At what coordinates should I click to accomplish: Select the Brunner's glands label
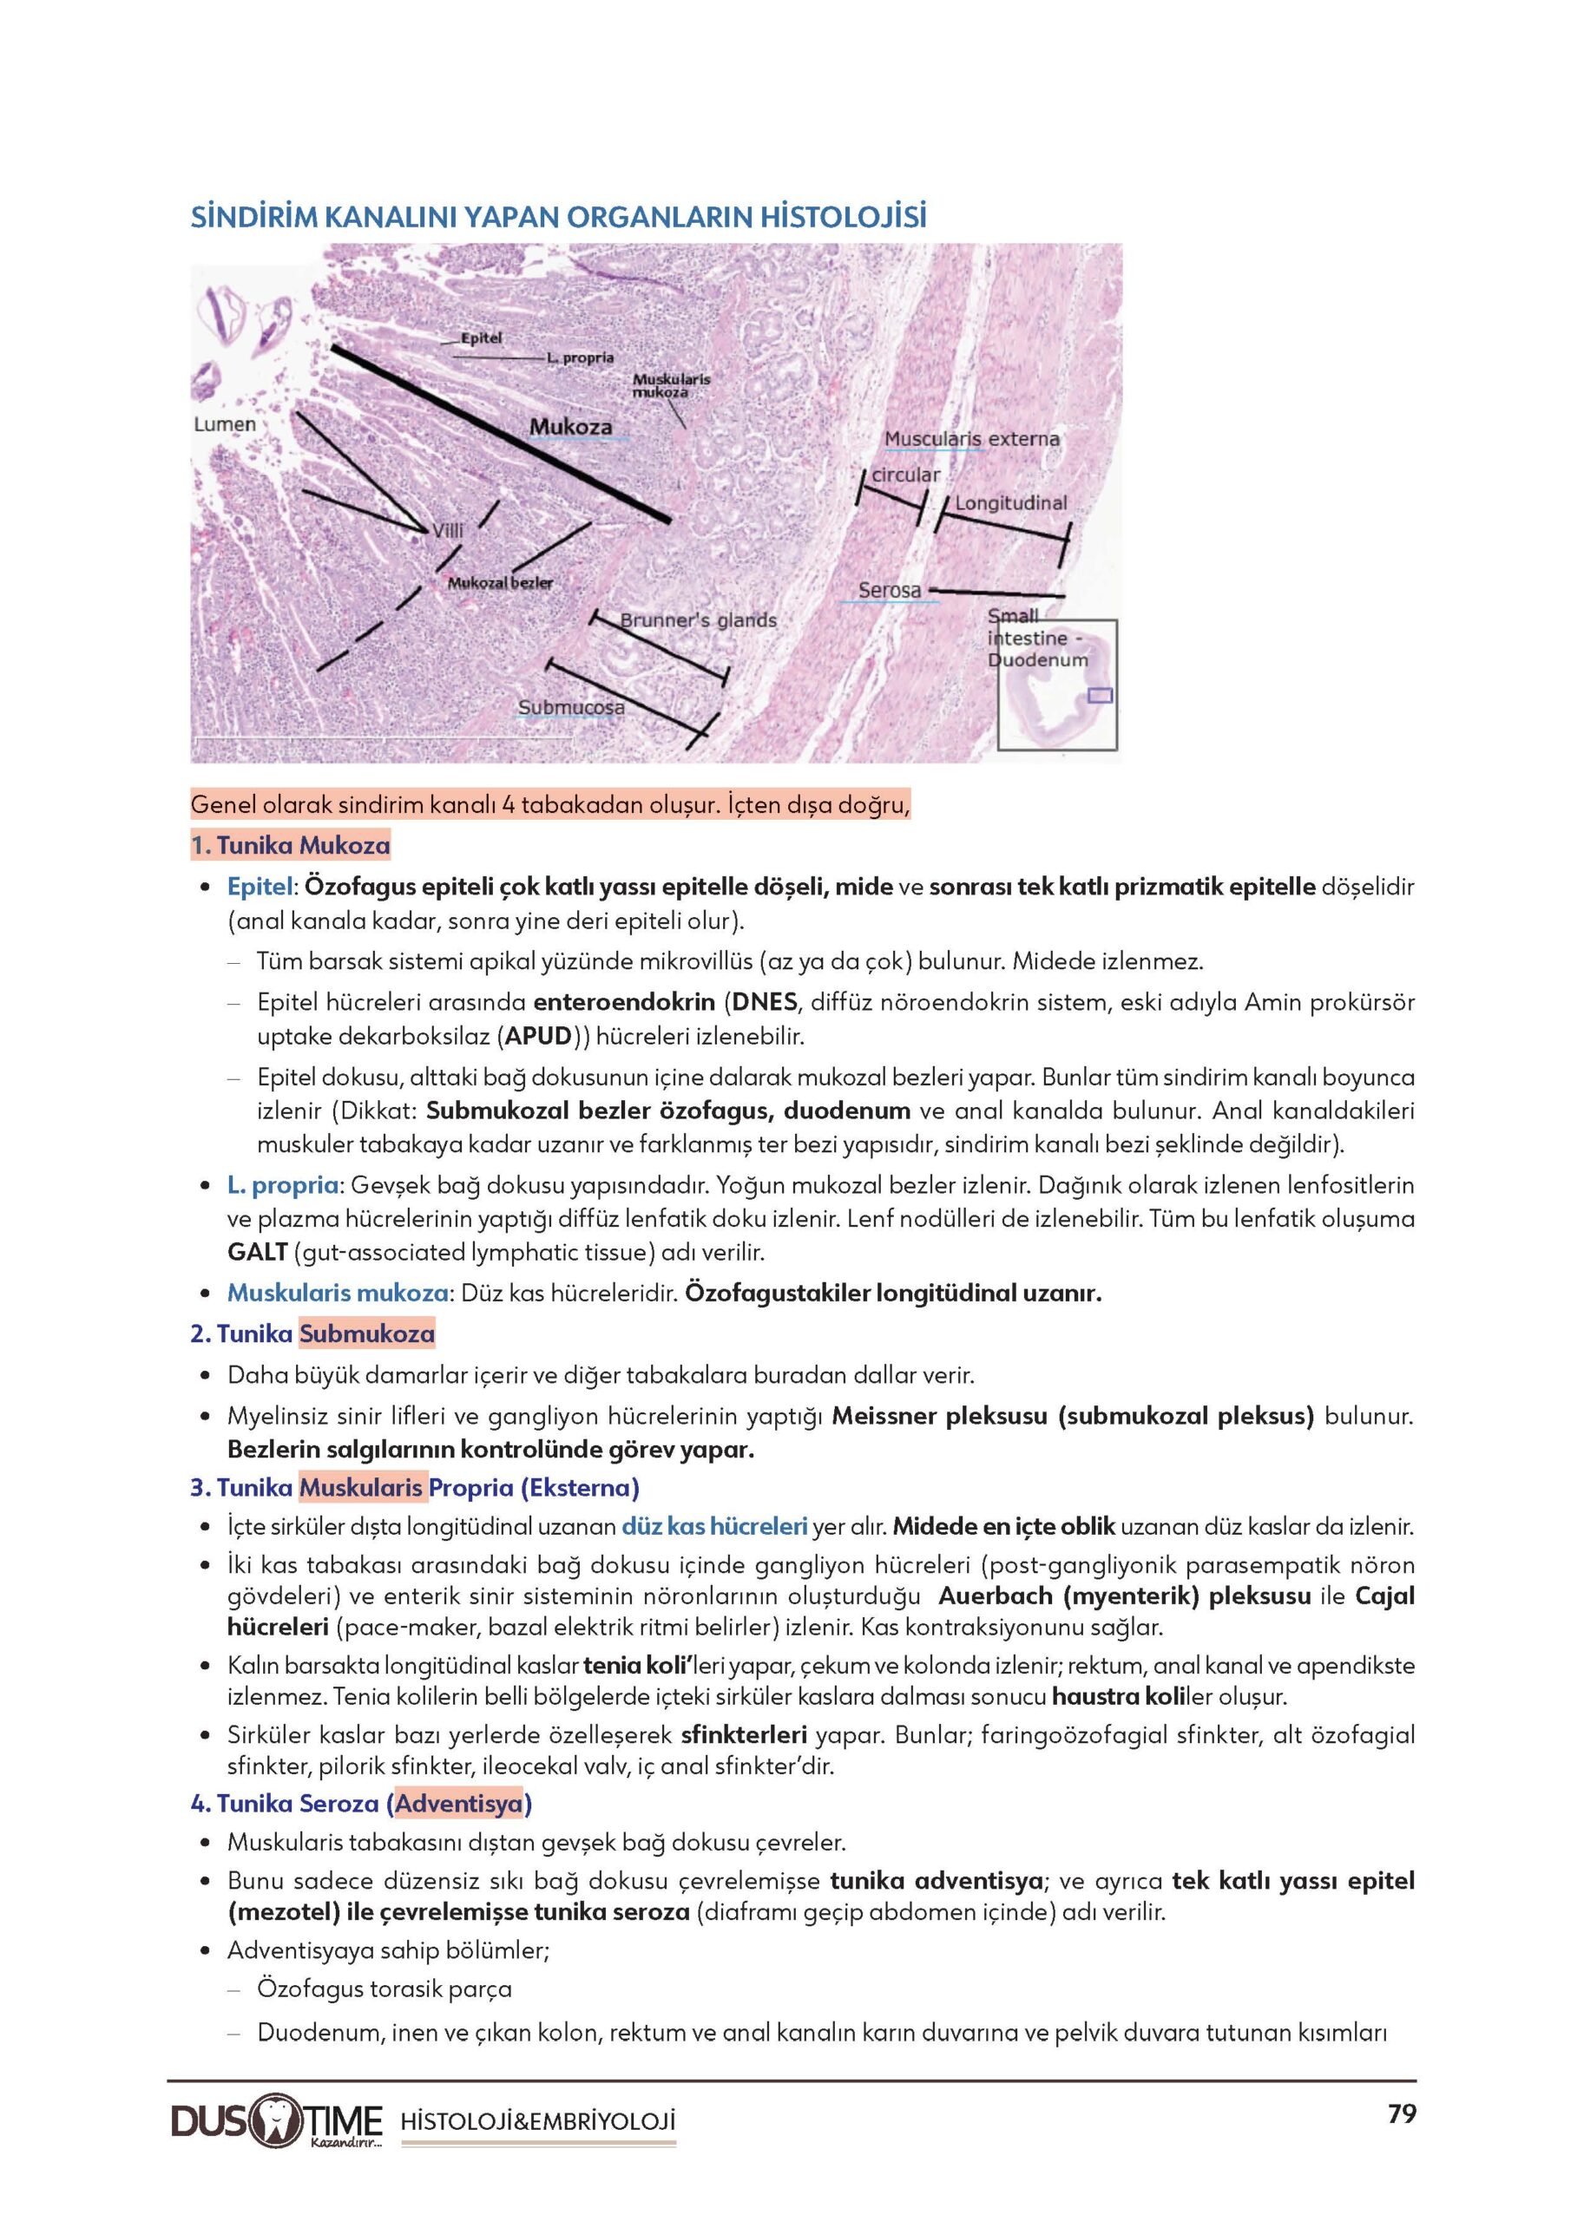[x=699, y=620]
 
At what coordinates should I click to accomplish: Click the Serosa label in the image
[x=890, y=590]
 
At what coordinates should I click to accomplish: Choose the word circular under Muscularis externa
[x=905, y=475]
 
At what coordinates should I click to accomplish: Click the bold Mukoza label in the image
[x=570, y=427]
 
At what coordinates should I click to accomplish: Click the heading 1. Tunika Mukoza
[x=291, y=845]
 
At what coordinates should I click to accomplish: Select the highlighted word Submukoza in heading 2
[x=367, y=1333]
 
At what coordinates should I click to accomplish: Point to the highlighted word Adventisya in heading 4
[x=458, y=1804]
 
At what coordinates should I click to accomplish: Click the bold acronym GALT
[x=258, y=1252]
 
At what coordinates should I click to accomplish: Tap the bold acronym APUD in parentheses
[x=536, y=1035]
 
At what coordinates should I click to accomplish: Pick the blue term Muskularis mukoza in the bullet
[x=338, y=1293]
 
